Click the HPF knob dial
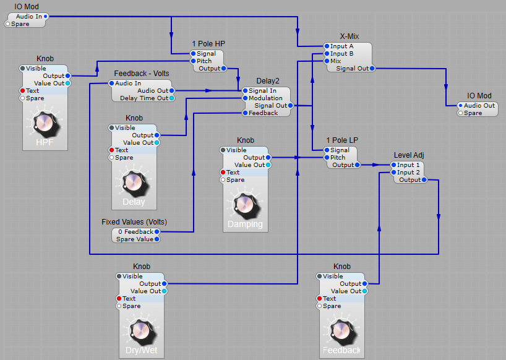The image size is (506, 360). [x=45, y=122]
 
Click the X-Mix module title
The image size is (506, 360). [x=349, y=36]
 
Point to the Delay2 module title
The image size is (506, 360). [x=268, y=81]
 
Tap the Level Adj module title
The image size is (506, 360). [x=408, y=155]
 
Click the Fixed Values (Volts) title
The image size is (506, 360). [x=134, y=221]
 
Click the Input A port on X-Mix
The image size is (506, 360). [x=327, y=46]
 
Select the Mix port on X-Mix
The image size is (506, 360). [x=327, y=61]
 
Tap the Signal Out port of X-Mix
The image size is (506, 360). [x=372, y=69]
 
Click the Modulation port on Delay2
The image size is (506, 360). [x=246, y=98]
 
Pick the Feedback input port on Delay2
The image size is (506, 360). [x=246, y=113]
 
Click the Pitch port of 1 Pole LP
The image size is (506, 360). [x=327, y=158]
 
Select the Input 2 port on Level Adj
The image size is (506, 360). [x=394, y=173]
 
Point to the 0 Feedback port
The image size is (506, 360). [x=157, y=232]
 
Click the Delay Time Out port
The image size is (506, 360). [x=171, y=98]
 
